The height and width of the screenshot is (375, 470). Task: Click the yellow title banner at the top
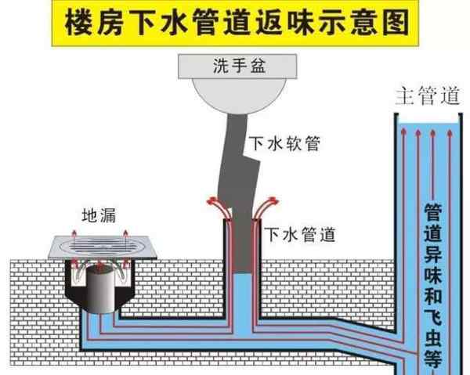[x=235, y=21]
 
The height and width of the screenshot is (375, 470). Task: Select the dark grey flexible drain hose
[x=238, y=164]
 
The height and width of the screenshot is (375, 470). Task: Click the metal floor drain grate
[x=103, y=249]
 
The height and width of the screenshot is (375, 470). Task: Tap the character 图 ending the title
[x=396, y=21]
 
